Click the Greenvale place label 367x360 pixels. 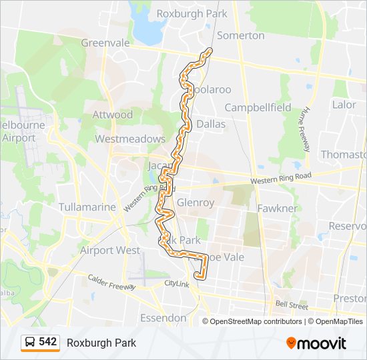click(x=105, y=43)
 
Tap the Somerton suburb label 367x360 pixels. click(x=241, y=35)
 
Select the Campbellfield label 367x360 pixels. click(x=258, y=107)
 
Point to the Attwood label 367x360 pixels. click(x=113, y=115)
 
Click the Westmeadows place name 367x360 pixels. click(x=130, y=139)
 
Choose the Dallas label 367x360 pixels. click(x=211, y=124)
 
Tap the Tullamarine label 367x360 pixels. click(x=87, y=207)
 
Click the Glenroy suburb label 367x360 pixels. click(x=196, y=203)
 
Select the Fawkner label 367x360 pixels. click(x=278, y=208)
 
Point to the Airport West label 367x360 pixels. click(x=110, y=251)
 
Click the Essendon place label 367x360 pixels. click(x=163, y=317)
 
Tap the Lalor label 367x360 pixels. click(x=344, y=105)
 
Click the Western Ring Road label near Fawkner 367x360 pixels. click(x=281, y=179)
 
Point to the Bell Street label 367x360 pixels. click(x=292, y=305)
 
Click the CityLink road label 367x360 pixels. click(x=177, y=284)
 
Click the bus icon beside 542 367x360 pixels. click(x=30, y=343)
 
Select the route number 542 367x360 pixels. click(x=48, y=342)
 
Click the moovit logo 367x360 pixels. click(x=316, y=343)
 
